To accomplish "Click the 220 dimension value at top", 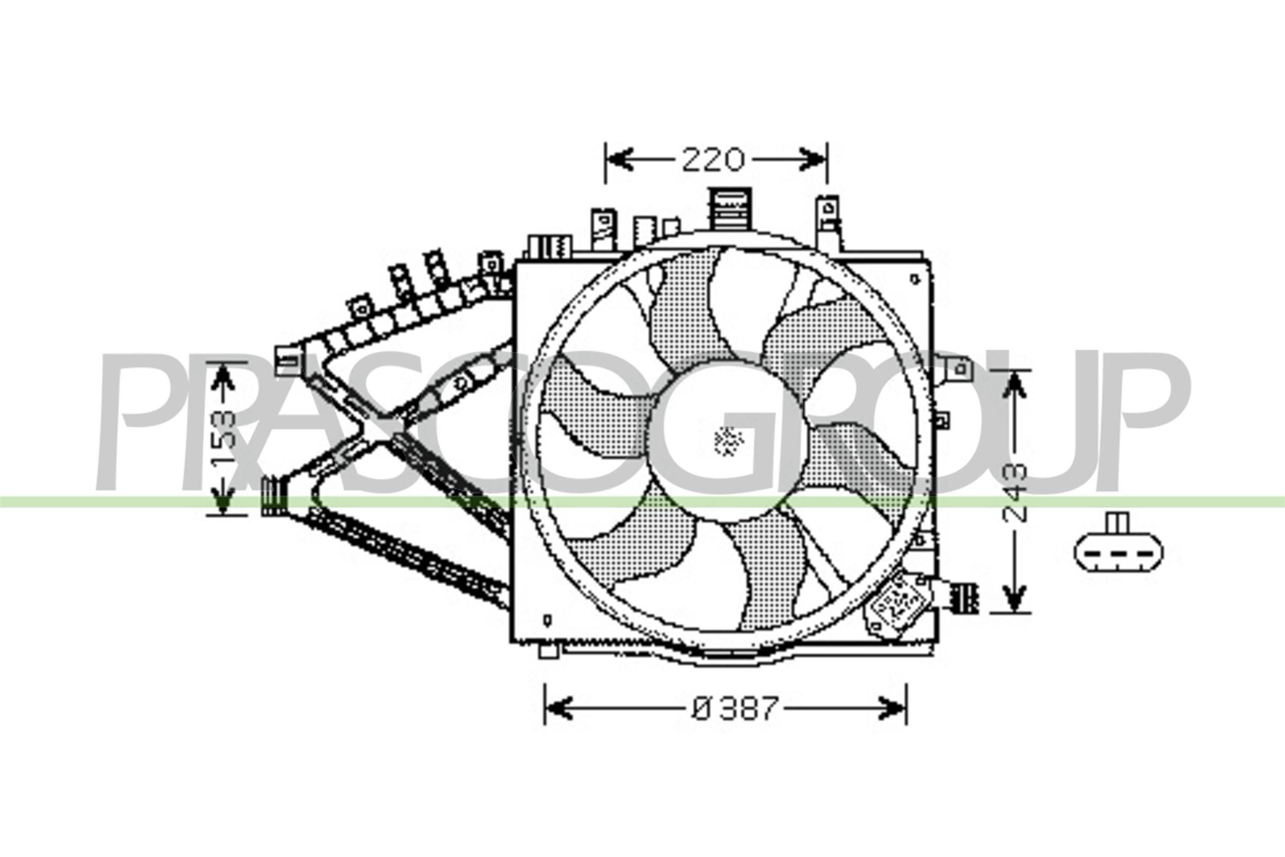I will [713, 160].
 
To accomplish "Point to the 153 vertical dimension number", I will [223, 437].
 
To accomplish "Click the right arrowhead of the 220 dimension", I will [814, 159].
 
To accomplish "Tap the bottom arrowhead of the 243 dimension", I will [1014, 600].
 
